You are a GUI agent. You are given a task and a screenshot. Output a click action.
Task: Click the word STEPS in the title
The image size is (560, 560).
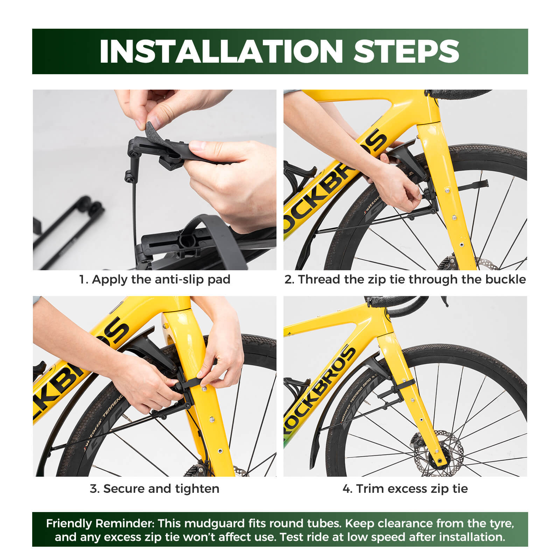pyautogui.click(x=406, y=51)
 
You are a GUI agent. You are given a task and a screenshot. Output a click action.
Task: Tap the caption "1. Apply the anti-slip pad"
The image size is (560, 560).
pyautogui.click(x=155, y=280)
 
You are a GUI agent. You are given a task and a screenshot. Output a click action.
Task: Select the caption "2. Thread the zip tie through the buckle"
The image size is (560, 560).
pyautogui.click(x=405, y=279)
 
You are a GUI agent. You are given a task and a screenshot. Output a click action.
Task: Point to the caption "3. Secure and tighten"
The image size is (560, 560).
pyautogui.click(x=155, y=489)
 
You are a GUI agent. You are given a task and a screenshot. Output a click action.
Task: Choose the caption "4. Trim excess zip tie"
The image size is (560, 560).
pyautogui.click(x=405, y=489)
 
